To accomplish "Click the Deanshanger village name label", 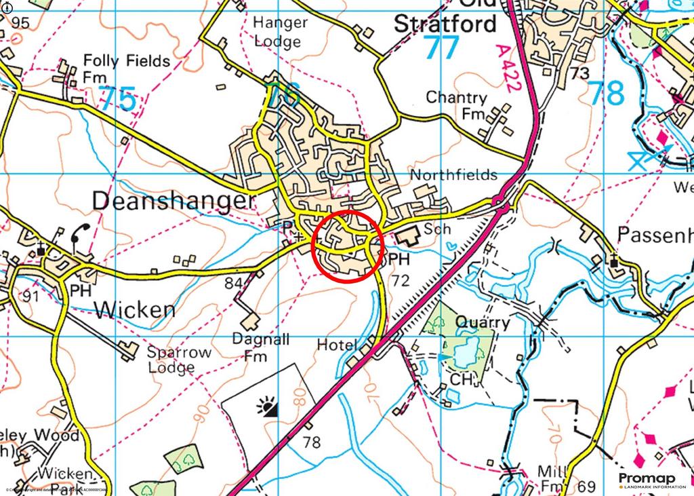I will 173,201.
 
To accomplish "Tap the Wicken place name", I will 135,309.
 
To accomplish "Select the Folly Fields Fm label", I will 126,69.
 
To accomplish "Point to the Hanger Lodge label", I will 280,31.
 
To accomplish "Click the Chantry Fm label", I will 456,106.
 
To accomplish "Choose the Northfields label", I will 453,175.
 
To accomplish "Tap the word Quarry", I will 483,322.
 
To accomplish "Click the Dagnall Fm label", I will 259,346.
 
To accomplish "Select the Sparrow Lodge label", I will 180,360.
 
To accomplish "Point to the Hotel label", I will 337,345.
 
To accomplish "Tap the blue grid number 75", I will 118,99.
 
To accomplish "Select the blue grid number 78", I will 605,94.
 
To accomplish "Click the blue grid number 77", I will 441,48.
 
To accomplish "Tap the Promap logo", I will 647,480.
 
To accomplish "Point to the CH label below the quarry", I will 460,380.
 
